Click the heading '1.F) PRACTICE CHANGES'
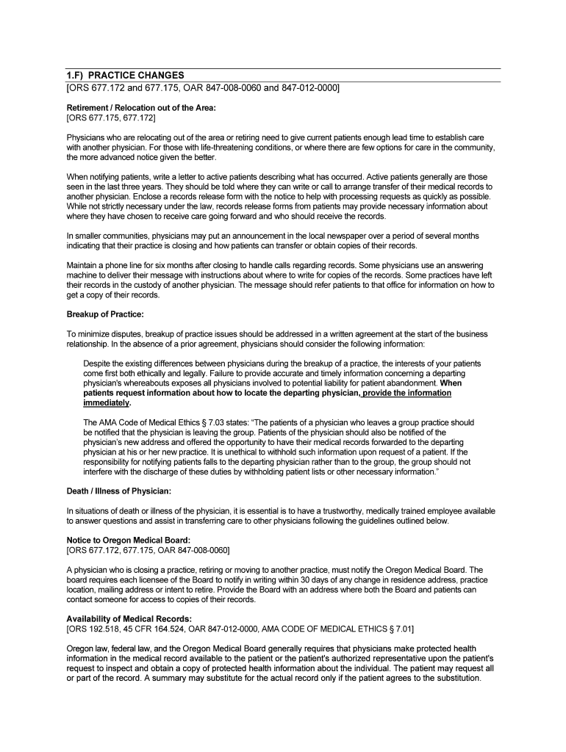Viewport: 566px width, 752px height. (x=125, y=76)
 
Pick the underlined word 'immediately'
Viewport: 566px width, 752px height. (x=107, y=403)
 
